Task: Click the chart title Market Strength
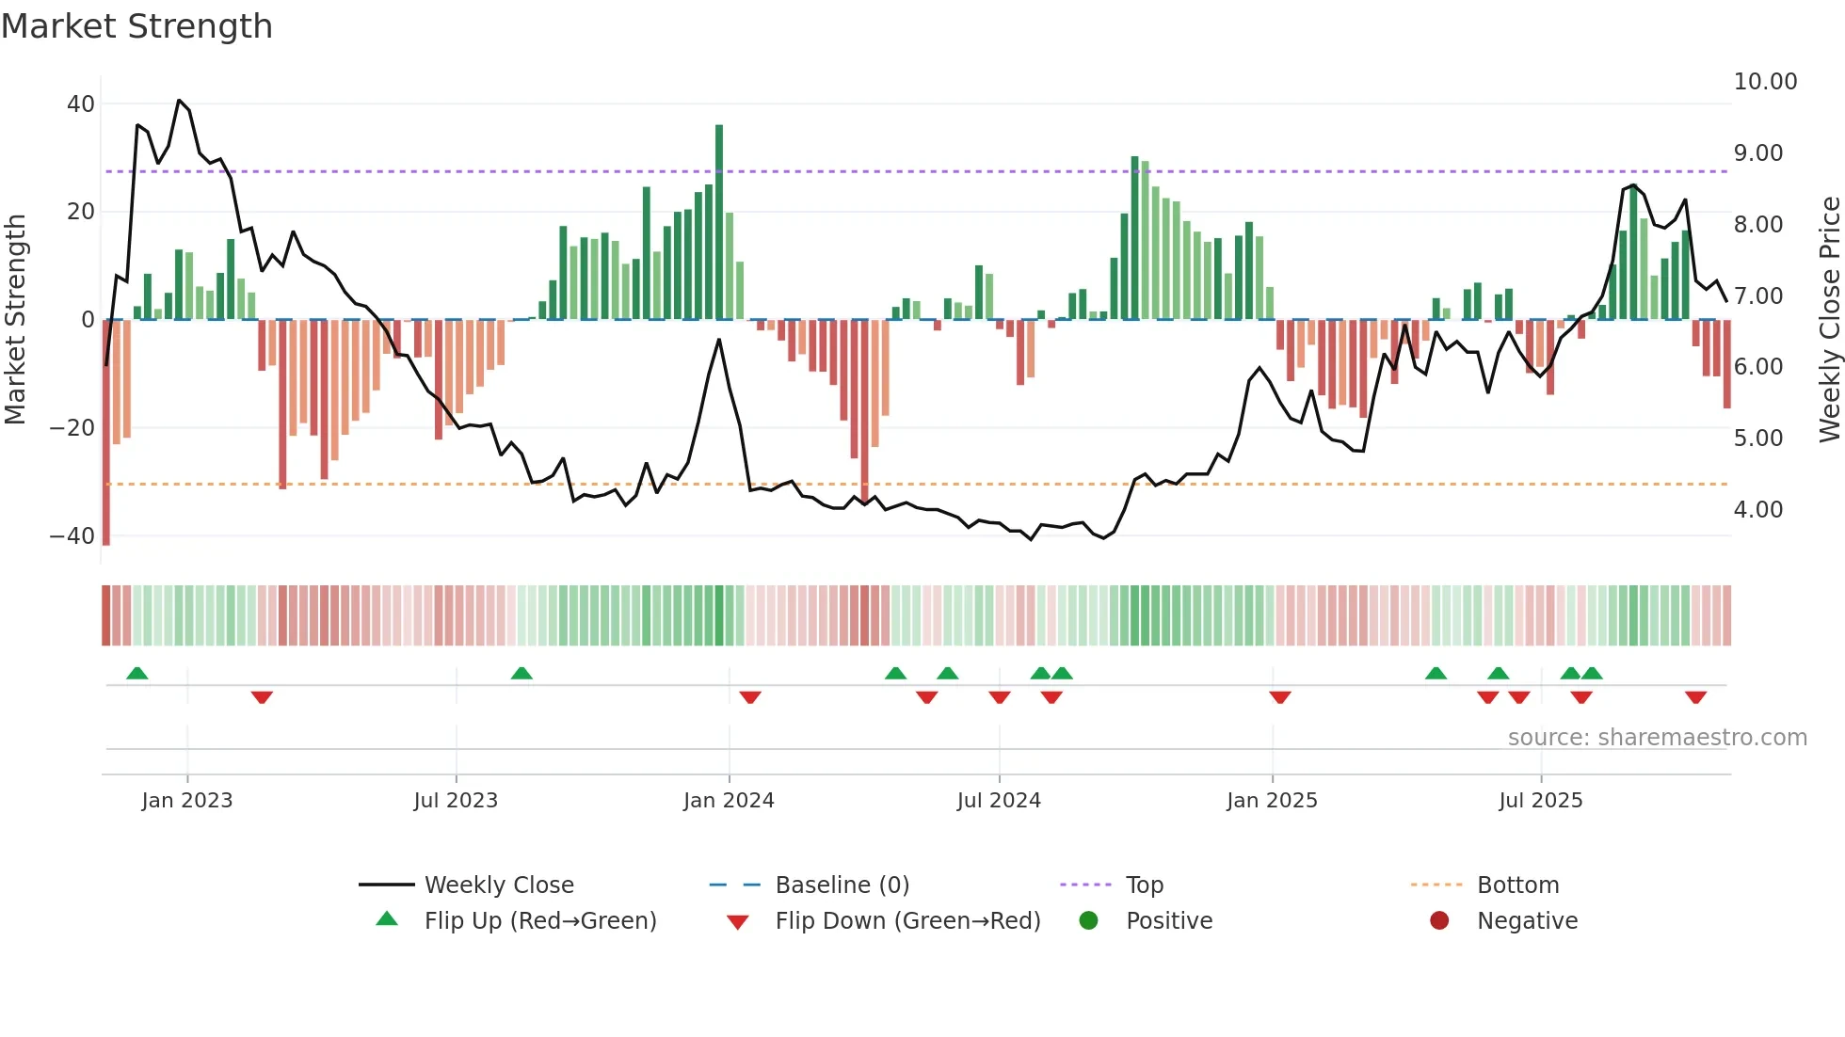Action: [137, 26]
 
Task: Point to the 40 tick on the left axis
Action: [81, 104]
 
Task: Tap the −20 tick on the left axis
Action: [72, 428]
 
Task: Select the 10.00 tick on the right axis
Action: [1765, 82]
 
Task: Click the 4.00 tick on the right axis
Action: [1757, 510]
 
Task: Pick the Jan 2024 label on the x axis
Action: [729, 801]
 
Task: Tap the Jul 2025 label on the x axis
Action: [1540, 801]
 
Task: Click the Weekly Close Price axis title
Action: [1829, 319]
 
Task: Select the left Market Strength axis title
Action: [16, 319]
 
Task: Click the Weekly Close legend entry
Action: [498, 885]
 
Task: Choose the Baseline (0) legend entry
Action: [842, 885]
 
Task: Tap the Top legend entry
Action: [1144, 885]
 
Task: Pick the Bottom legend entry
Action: [1517, 885]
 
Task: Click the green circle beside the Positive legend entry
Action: [1088, 921]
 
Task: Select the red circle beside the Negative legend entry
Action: [1438, 921]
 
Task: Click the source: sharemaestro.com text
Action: [1657, 738]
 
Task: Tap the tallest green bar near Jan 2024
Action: [719, 222]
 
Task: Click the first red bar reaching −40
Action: [106, 433]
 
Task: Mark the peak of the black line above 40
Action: [179, 100]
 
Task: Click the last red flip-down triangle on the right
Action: [1695, 697]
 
